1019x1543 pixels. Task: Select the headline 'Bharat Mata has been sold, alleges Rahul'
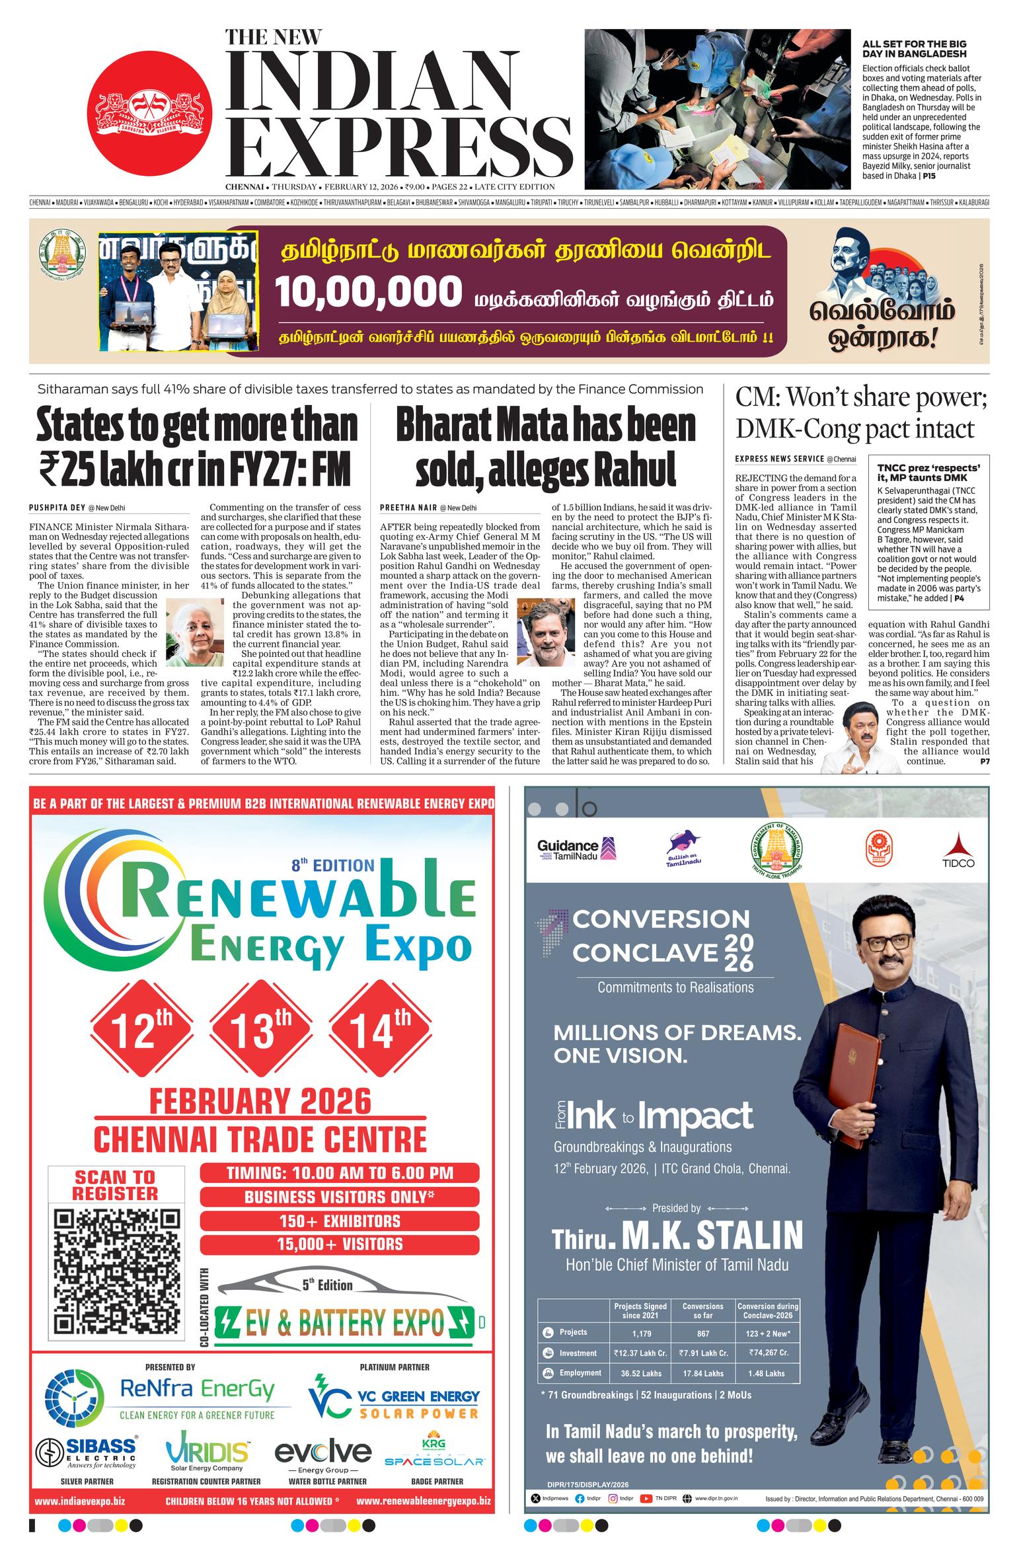coord(545,447)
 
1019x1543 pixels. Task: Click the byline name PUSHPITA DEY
coord(58,508)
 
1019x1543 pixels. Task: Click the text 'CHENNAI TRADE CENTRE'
coord(260,1139)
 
